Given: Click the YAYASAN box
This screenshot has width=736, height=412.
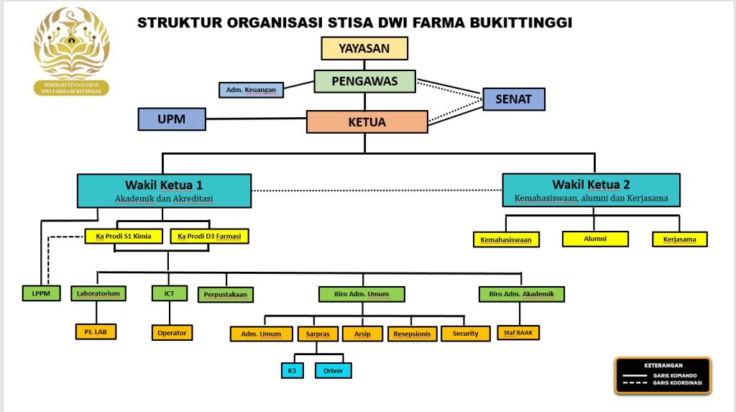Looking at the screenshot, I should [x=364, y=48].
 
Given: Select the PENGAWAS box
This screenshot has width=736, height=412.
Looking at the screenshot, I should [x=364, y=81].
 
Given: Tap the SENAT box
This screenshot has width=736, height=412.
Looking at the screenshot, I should [x=513, y=99].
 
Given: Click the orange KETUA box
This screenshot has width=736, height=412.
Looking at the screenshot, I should [x=367, y=122].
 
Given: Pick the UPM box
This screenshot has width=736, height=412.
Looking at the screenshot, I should [x=171, y=119].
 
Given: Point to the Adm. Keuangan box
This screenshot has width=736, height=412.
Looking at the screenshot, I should [x=251, y=90].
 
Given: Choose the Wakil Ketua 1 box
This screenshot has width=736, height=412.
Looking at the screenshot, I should [x=164, y=191].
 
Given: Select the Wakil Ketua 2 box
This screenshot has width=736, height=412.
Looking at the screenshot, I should [x=591, y=191].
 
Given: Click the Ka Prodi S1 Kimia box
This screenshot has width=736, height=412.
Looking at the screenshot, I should [x=124, y=236].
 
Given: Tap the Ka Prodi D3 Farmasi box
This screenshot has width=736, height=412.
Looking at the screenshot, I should [x=209, y=236].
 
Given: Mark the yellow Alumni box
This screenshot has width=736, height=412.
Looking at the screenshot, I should [x=595, y=239].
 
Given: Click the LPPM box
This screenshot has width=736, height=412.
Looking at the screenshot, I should [x=37, y=293].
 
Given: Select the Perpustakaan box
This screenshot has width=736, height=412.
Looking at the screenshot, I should [x=226, y=294].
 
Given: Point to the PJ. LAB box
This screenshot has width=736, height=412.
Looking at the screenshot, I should [x=96, y=331].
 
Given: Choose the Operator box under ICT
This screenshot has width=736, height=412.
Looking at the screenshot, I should [x=172, y=333].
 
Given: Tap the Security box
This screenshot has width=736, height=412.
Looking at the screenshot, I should [x=465, y=334].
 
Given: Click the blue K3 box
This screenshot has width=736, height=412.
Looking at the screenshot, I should [x=293, y=371].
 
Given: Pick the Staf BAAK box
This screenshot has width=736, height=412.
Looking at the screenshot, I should [x=518, y=333].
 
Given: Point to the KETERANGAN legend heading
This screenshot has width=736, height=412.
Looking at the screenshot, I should [x=663, y=365].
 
